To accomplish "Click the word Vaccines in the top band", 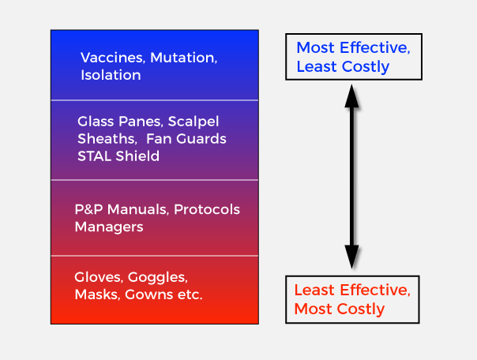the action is [113, 58].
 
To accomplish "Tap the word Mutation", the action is [184, 58].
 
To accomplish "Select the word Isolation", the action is [111, 75].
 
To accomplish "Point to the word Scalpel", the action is [193, 122].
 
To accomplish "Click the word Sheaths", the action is [107, 139].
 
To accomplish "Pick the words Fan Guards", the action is [186, 139].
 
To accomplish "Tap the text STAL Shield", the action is [118, 156].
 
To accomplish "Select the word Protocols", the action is [207, 209].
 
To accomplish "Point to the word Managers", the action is [109, 227].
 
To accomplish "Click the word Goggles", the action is [158, 278].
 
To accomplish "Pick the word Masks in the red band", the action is [97, 294].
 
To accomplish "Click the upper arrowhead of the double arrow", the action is [351, 96].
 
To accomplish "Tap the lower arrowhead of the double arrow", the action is [351, 257].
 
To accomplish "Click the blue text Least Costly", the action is [343, 67].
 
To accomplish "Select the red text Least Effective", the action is [352, 290].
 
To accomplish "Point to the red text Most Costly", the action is [340, 309].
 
